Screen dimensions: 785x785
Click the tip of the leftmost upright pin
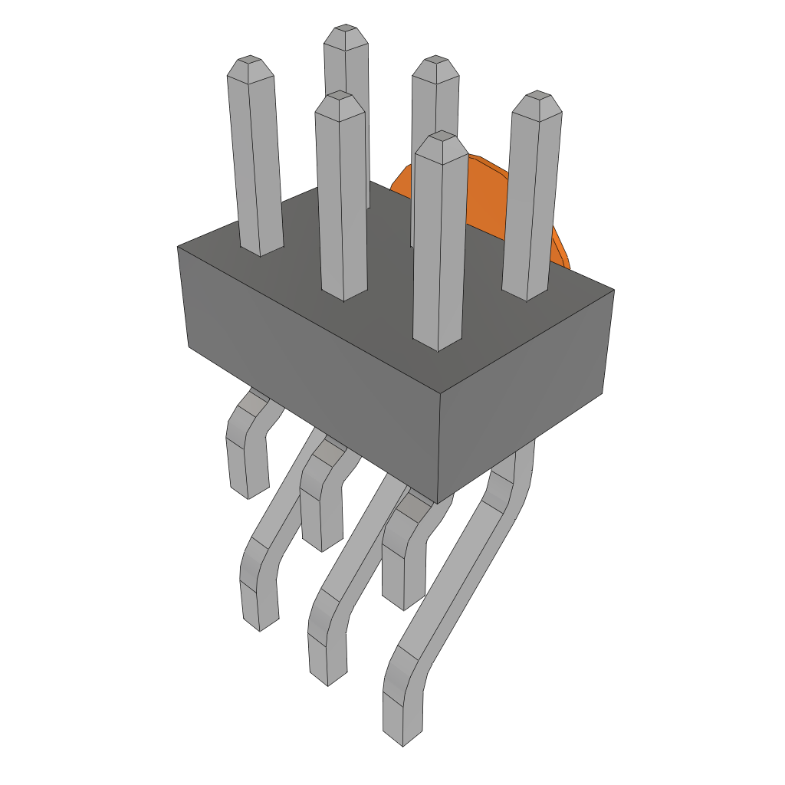point(251,61)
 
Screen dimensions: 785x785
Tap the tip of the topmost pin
point(345,31)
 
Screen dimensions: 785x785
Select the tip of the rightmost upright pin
point(537,97)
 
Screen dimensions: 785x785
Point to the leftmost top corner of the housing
point(178,247)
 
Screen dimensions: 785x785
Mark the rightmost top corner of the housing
point(613,291)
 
